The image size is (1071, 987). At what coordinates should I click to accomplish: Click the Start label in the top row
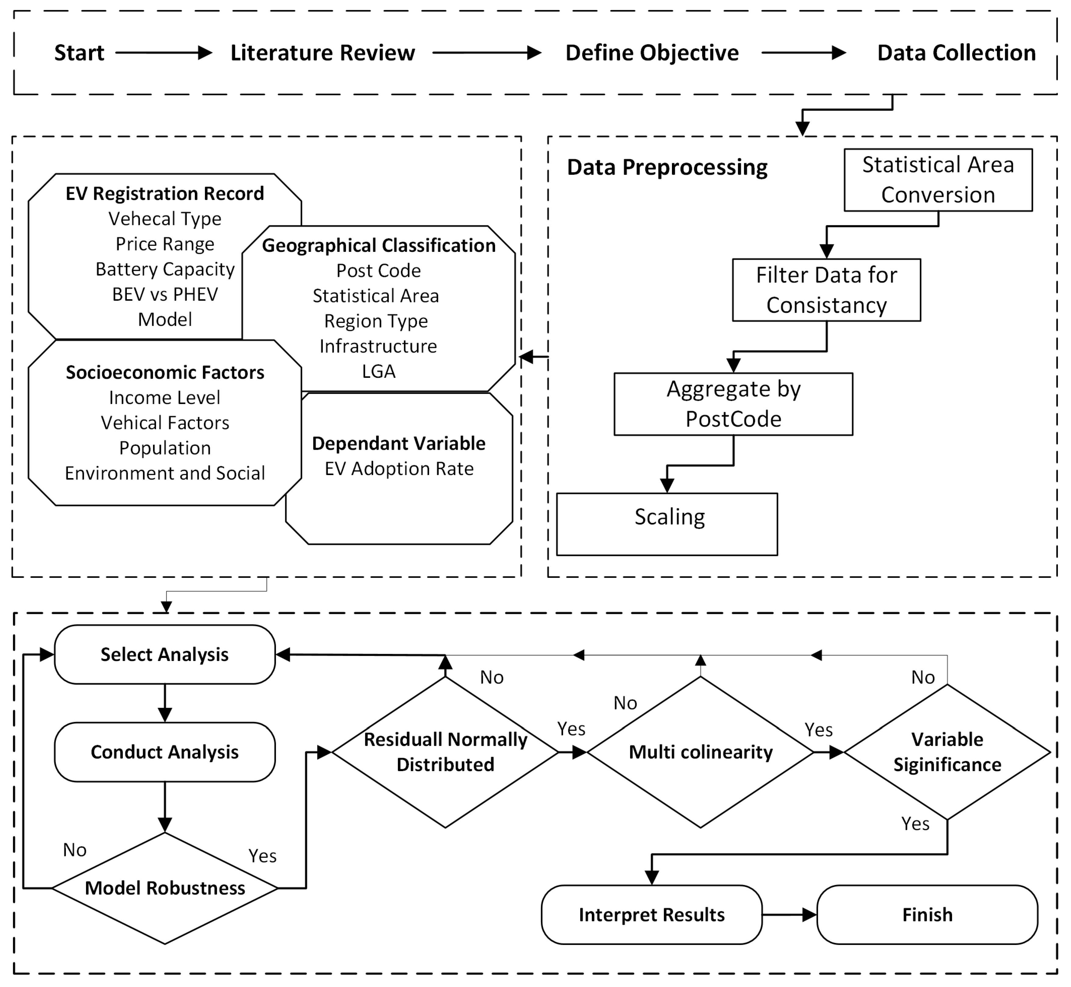click(79, 53)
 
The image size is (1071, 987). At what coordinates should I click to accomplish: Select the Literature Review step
click(323, 53)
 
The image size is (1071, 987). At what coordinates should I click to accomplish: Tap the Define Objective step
click(652, 53)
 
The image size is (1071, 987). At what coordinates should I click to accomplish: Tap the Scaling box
click(667, 524)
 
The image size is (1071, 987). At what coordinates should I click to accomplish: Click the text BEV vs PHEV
click(165, 294)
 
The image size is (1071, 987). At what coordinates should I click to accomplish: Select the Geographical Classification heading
click(379, 245)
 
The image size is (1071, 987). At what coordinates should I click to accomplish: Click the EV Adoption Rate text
click(399, 468)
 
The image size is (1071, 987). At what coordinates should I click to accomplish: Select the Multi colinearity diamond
click(701, 752)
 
